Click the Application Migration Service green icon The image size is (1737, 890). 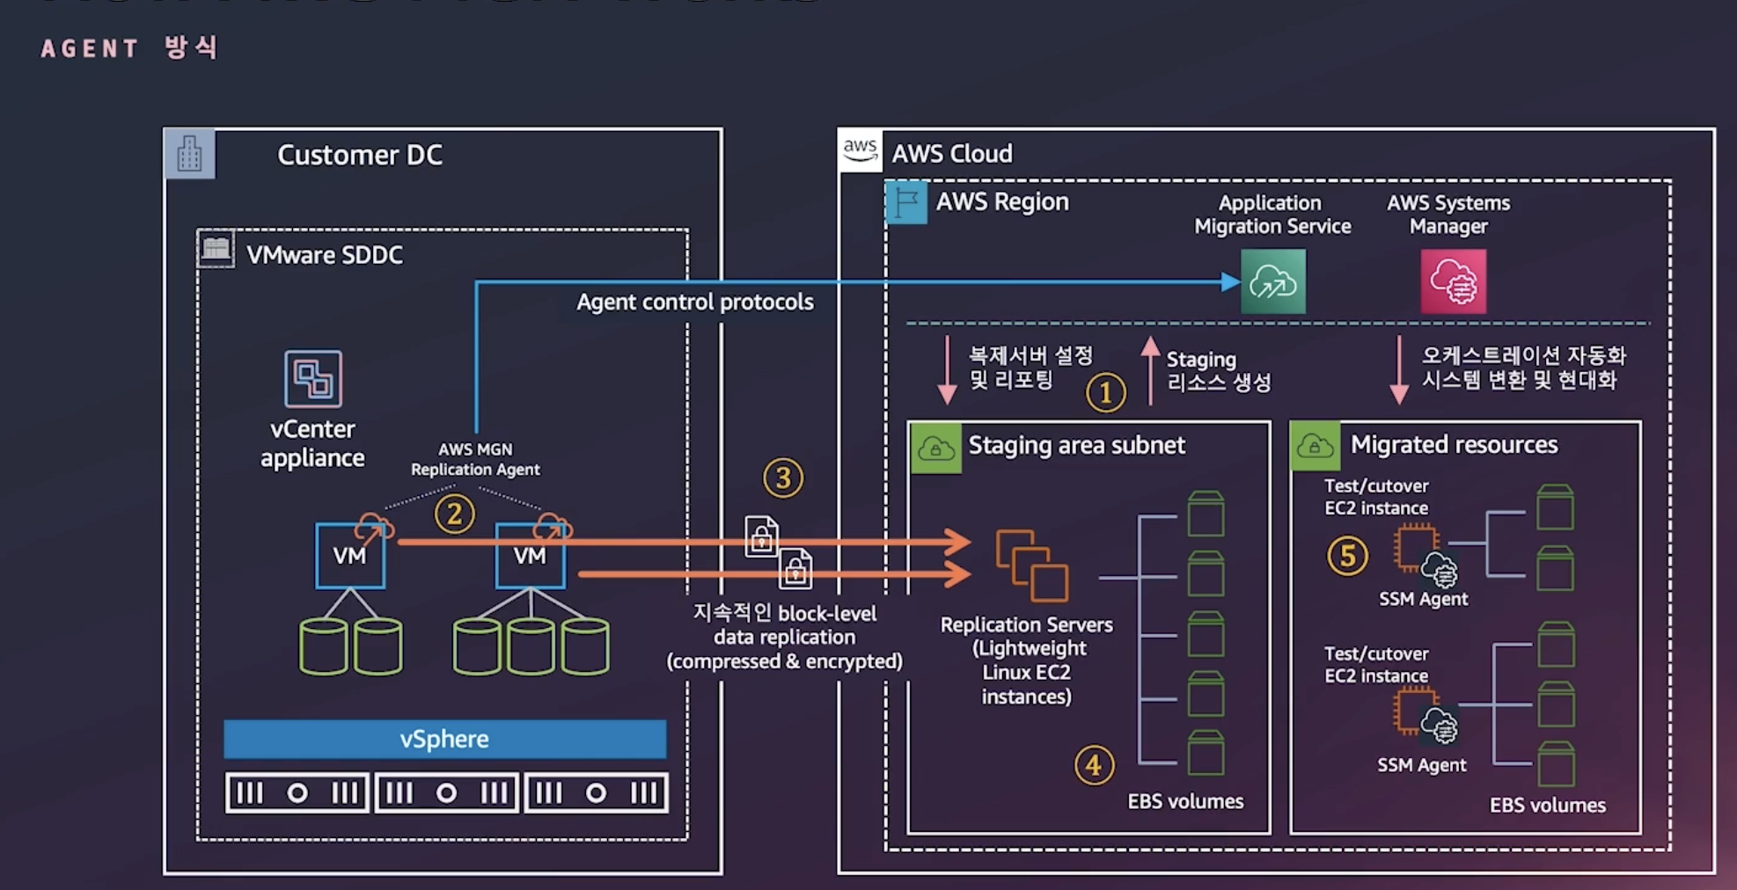(x=1272, y=281)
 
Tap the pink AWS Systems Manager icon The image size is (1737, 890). (x=1453, y=281)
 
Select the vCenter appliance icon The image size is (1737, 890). (x=312, y=379)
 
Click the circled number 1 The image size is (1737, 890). (x=1105, y=392)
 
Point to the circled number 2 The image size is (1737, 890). (x=454, y=514)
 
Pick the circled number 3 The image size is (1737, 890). (x=782, y=478)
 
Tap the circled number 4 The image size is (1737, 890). (x=1094, y=765)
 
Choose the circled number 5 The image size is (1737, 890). (x=1347, y=556)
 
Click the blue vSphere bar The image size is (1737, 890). (x=444, y=739)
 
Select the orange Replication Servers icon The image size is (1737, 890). (x=1031, y=565)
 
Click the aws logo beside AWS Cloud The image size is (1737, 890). (x=860, y=150)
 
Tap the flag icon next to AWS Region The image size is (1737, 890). (x=905, y=202)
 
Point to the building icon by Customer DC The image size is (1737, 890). (x=189, y=155)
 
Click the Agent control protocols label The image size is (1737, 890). (x=694, y=302)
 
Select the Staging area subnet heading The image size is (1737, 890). (x=1076, y=445)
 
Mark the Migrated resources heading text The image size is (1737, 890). (x=1454, y=445)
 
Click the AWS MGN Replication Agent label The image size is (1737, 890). (x=475, y=459)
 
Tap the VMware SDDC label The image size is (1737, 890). (x=324, y=255)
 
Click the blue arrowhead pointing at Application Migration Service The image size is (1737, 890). (x=1230, y=282)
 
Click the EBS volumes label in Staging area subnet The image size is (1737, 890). (x=1185, y=801)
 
